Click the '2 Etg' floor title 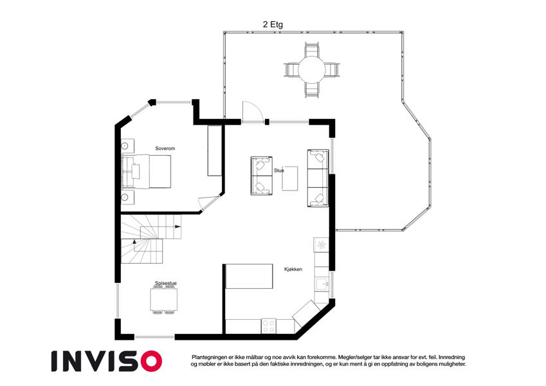[x=273, y=24]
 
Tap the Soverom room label [x=165, y=149]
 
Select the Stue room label [x=279, y=170]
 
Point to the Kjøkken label [x=293, y=270]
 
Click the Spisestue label [x=166, y=283]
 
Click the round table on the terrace [x=311, y=69]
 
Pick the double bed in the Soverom [x=146, y=171]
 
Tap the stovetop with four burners [x=268, y=326]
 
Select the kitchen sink [x=322, y=284]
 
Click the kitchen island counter [x=249, y=276]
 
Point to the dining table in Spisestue [x=163, y=300]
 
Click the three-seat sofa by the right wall [x=318, y=178]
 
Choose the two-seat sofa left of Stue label [x=262, y=176]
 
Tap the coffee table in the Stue [x=289, y=178]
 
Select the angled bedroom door [x=210, y=203]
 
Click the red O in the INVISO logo [x=151, y=361]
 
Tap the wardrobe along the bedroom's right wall [x=215, y=151]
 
